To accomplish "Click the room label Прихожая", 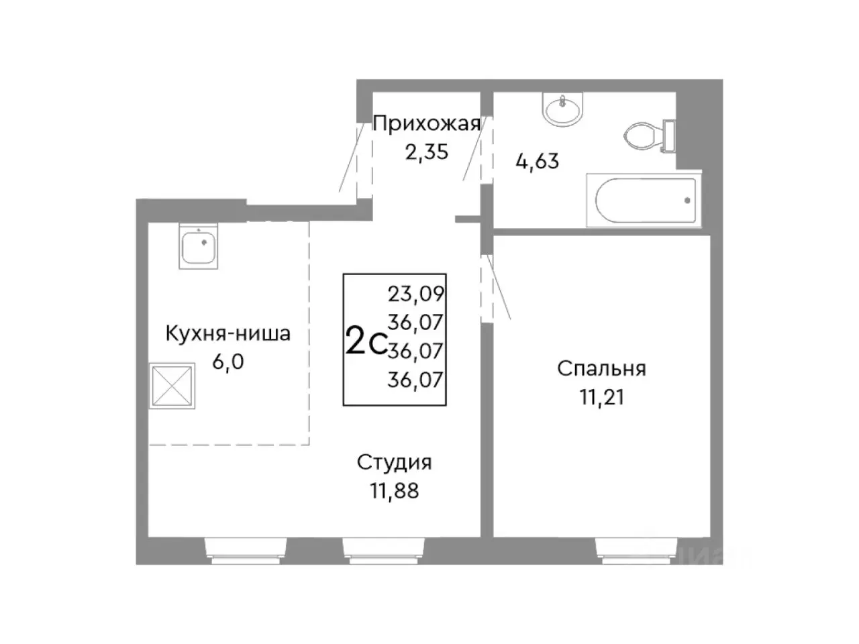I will [426, 123].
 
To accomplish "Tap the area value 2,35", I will [426, 152].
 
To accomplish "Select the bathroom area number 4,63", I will [537, 161].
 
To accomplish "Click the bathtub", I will [644, 200].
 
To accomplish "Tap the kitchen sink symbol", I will [199, 248].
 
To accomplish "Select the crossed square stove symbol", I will [172, 386].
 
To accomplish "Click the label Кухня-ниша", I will [228, 333].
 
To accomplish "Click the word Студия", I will [394, 462].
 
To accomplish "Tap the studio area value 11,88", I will [394, 491].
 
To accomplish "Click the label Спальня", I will [601, 368].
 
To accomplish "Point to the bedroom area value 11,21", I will [601, 397].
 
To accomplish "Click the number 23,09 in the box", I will [416, 293].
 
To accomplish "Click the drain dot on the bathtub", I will [687, 200].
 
